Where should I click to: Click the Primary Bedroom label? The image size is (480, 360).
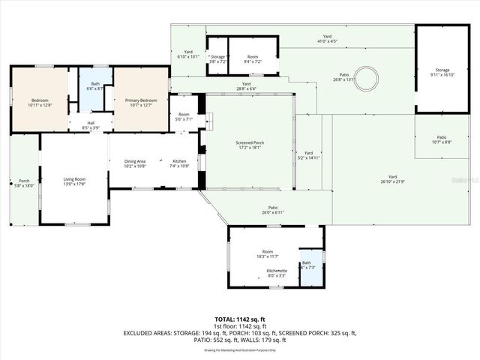point(141,102)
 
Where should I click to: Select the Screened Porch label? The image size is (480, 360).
point(249,145)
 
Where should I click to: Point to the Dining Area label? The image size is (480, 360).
point(135,163)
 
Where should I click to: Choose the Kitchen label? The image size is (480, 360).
point(179,163)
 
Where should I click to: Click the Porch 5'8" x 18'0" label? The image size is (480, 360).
point(24,183)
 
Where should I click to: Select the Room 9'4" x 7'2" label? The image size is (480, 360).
point(253,59)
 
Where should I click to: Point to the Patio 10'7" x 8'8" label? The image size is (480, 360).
point(442,140)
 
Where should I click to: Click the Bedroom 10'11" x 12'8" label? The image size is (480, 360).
point(39,102)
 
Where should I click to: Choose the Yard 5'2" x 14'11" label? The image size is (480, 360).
point(308,155)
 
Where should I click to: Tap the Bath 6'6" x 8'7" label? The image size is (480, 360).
point(95,86)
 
